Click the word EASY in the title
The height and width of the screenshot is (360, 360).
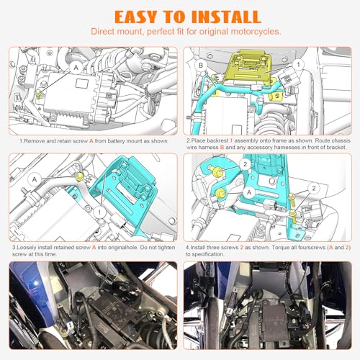click(x=135, y=17)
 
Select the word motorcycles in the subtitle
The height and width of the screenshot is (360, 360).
click(x=256, y=32)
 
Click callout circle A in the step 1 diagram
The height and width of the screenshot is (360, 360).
click(x=76, y=68)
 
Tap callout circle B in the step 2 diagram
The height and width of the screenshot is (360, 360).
click(x=201, y=65)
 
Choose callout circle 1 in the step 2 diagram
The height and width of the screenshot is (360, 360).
click(x=298, y=64)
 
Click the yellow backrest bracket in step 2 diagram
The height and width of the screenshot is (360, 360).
click(x=250, y=70)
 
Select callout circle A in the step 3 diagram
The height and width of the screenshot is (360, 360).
click(x=35, y=179)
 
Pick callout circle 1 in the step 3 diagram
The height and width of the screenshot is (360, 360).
click(x=99, y=212)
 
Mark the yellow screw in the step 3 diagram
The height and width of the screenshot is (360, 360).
click(x=79, y=177)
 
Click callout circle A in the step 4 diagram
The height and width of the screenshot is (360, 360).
click(x=249, y=192)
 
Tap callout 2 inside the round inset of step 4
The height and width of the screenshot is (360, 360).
click(x=245, y=164)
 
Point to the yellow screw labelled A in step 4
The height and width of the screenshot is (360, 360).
click(x=220, y=193)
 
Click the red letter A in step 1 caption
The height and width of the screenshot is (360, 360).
click(x=91, y=141)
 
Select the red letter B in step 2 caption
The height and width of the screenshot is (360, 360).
click(x=222, y=147)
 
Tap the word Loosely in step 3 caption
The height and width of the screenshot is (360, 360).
click(x=27, y=248)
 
